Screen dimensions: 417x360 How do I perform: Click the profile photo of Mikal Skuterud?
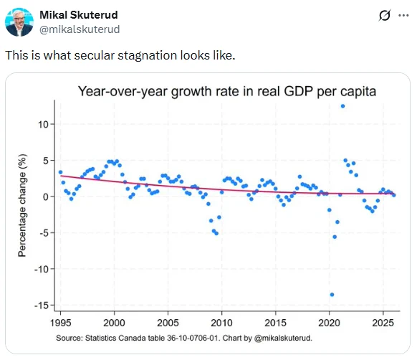19,22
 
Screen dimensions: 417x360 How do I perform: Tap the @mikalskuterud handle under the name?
80,29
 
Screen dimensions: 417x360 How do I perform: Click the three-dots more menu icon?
403,16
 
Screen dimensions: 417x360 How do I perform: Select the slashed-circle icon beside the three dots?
385,15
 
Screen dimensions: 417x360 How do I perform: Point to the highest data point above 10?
342,106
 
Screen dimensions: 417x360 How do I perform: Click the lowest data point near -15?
332,295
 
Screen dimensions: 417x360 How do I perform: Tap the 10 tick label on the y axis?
44,124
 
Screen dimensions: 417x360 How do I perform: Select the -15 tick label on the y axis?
42,305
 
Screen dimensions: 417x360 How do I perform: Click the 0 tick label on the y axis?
46,196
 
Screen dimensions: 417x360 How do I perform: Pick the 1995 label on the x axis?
61,323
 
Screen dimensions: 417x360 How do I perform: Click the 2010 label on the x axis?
221,323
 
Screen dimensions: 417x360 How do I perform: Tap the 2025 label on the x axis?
383,323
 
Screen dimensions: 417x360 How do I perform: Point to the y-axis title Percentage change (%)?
22,205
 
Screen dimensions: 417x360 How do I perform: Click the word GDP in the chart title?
298,91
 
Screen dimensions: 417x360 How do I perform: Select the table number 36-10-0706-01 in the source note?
193,338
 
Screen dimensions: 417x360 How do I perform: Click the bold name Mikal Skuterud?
79,15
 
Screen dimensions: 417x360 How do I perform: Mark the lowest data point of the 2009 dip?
216,234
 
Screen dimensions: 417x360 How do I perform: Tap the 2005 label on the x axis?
168,323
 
